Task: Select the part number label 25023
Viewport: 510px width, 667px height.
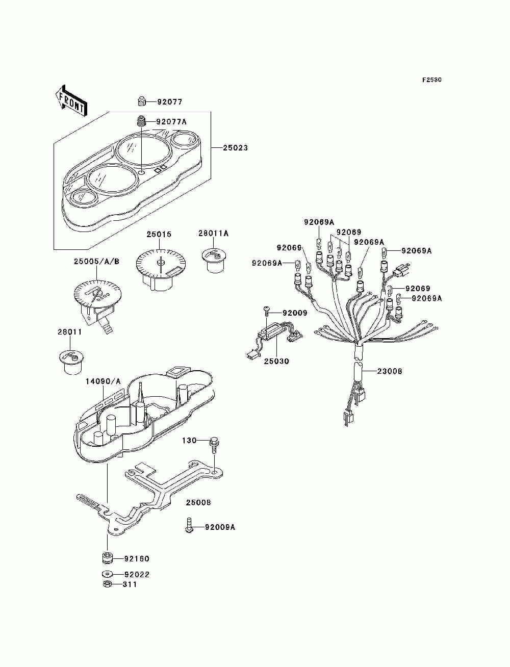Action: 235,148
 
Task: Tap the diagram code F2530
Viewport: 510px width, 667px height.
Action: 431,80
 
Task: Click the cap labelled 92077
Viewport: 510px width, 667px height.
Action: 142,101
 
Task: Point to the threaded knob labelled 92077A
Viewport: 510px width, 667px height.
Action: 141,121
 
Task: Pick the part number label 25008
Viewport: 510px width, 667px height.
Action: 198,503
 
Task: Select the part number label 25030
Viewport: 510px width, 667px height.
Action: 276,362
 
